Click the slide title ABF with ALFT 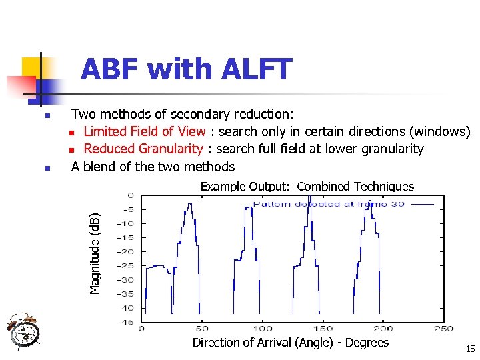(x=186, y=69)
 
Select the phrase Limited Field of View (x=144, y=131)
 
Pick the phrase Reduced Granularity (x=143, y=149)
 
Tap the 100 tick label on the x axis (x=263, y=328)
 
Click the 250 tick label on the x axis (x=443, y=328)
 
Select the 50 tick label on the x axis (x=202, y=328)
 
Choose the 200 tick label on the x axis (x=383, y=328)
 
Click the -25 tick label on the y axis (x=126, y=265)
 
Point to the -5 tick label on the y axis (x=127, y=209)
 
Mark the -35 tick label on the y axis (x=126, y=293)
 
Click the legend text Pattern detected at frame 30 (x=329, y=204)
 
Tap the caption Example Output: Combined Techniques (x=307, y=187)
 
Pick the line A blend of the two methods (x=153, y=167)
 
